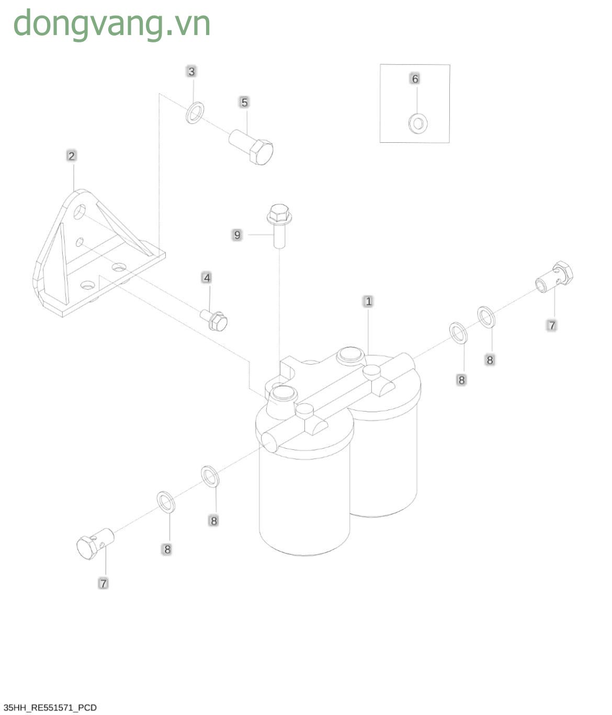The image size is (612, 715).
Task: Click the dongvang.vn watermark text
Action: click(111, 24)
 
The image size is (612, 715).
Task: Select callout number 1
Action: click(368, 301)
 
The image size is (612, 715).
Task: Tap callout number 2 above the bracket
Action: click(71, 156)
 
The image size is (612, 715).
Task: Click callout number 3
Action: click(191, 72)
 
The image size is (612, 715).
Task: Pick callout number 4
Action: click(207, 278)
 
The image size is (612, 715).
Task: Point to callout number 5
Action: click(244, 103)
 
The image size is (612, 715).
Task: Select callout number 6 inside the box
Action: click(415, 79)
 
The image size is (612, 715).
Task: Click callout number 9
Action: click(237, 235)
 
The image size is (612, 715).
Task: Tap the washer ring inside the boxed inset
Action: click(418, 123)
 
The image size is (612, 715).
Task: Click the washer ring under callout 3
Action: click(195, 113)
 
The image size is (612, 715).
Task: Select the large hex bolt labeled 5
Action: click(251, 146)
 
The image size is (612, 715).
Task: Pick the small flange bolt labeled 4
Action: click(214, 320)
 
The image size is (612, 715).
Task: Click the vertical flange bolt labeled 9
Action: click(279, 225)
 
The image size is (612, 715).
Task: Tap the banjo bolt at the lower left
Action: click(95, 544)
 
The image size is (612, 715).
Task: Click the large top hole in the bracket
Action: click(80, 211)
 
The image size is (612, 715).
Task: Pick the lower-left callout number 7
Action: click(103, 584)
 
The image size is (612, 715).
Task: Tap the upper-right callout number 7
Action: click(552, 325)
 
